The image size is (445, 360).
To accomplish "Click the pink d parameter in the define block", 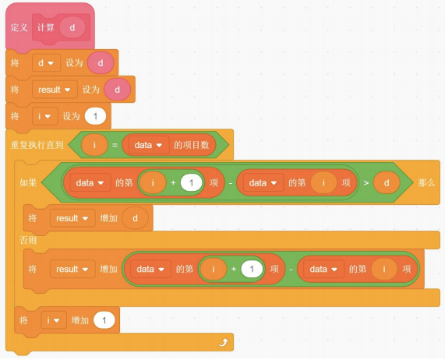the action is coord(72,27).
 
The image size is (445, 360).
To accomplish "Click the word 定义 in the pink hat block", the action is coord(19,27).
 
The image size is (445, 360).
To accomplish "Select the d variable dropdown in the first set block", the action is coord(46,62).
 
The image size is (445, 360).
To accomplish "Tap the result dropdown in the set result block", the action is coord(55,90).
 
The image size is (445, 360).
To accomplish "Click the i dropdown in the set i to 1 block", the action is coord(44,116).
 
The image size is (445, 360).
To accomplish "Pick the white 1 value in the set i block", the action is coord(95,116).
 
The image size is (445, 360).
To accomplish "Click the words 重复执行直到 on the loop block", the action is coord(37,145).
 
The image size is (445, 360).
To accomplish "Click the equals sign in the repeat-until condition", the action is coord(115,145).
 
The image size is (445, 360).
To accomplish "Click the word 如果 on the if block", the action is coord(28,182).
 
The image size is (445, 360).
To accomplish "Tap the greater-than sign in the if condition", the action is coord(366,182).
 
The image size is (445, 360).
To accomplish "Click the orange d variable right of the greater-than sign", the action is coord(387,182).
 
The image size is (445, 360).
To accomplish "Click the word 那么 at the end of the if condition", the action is coord(426,182).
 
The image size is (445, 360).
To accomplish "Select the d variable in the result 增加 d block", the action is coord(135,218).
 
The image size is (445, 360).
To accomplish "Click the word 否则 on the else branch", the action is coord(28,240).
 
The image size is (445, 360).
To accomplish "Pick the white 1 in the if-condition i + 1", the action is coord(191,182).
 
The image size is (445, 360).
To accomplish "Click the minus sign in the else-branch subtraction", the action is coord(291,269).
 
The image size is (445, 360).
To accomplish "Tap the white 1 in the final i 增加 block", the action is coord(104,320).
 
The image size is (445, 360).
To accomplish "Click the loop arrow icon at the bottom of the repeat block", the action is coord(224,342).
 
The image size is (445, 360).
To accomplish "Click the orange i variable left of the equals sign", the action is coord(94,145).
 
